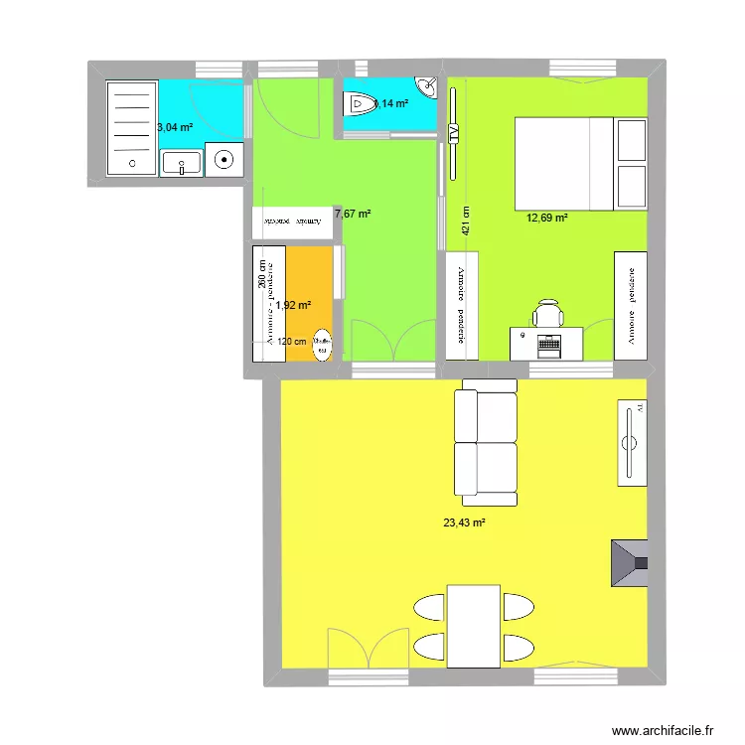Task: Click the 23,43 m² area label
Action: tap(464, 522)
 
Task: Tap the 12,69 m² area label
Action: tap(547, 219)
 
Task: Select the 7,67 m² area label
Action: tap(353, 214)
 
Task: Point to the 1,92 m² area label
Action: tap(293, 306)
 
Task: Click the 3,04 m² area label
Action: tap(174, 126)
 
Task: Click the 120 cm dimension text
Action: tap(292, 342)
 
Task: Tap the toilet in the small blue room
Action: tap(359, 101)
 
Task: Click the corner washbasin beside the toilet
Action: tap(428, 87)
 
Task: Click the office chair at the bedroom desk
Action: tap(548, 314)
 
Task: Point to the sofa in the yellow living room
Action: tap(486, 442)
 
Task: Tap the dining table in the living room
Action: tap(472, 626)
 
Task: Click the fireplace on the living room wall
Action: tap(630, 563)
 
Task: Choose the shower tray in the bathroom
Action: tap(130, 128)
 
